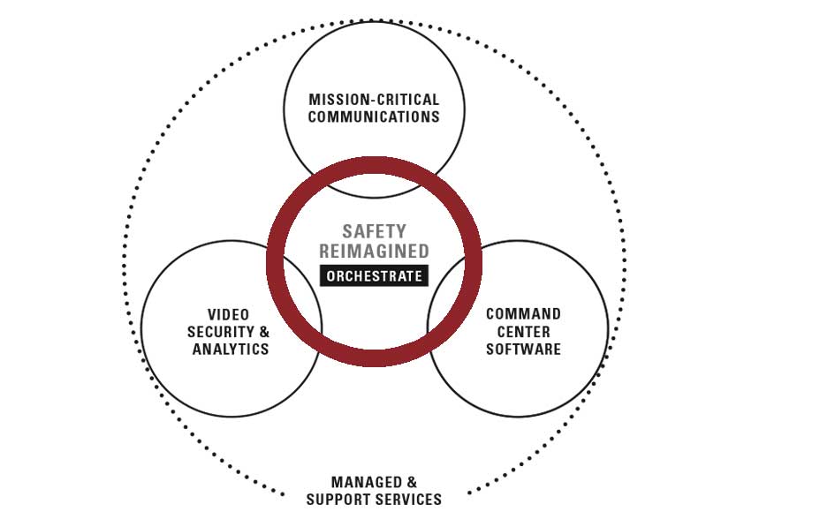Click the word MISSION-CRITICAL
tap(374, 100)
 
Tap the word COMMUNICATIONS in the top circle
tap(374, 117)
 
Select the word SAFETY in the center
tap(375, 232)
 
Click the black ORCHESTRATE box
tap(375, 276)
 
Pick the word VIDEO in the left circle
tap(229, 314)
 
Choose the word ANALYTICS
tap(231, 349)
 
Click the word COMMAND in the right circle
tap(523, 314)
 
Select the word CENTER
tap(523, 332)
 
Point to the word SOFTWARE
tap(523, 349)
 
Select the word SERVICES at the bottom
tap(411, 500)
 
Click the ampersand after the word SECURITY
tap(264, 332)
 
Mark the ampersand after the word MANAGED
tap(412, 483)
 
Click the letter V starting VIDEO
tap(212, 314)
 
